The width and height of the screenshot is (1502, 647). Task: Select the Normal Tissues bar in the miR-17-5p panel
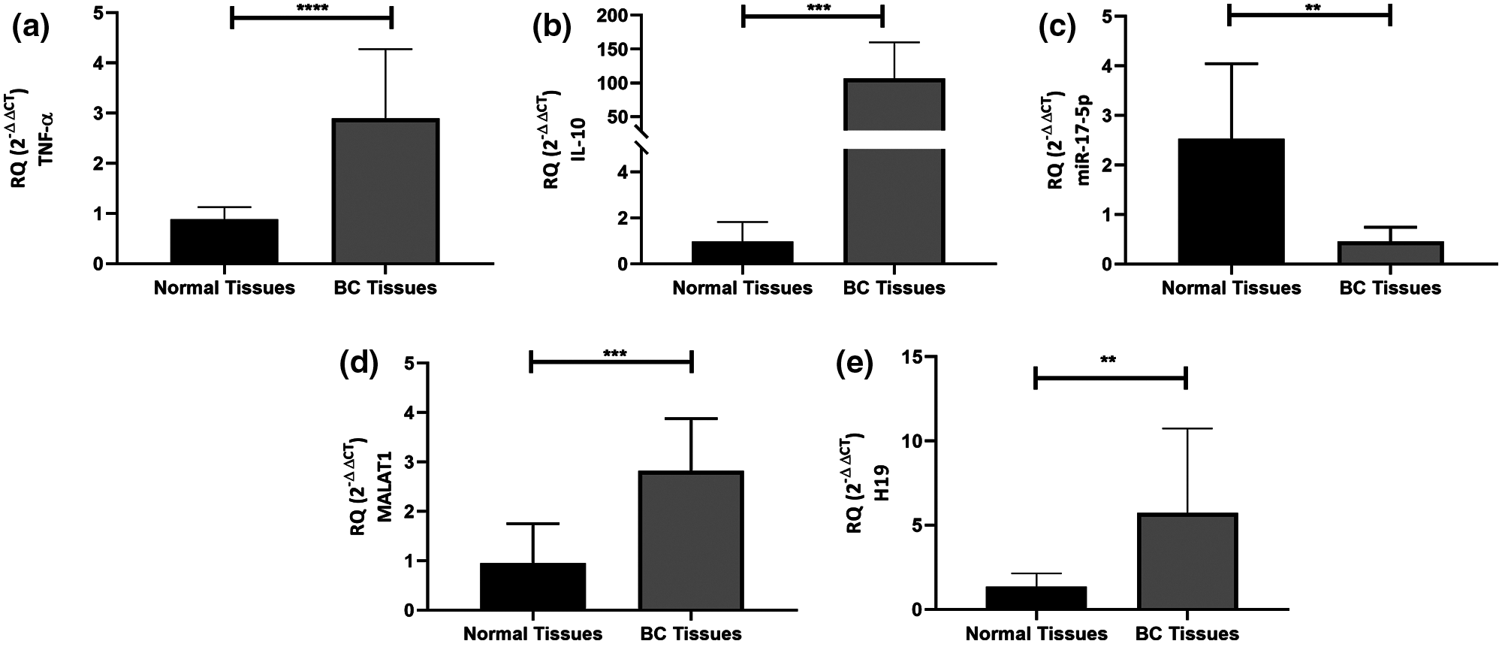tap(1232, 201)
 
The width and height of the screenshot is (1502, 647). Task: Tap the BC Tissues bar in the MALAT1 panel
tap(691, 540)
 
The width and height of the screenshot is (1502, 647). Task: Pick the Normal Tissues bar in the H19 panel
tap(1036, 598)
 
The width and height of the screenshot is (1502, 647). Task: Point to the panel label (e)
tap(854, 366)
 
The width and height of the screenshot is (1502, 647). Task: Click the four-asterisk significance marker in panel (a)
tap(312, 10)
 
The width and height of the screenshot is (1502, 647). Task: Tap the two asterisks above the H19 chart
tap(1108, 360)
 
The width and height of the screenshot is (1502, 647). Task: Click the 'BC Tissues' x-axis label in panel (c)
tap(1390, 288)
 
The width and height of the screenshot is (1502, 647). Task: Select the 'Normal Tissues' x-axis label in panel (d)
tap(532, 633)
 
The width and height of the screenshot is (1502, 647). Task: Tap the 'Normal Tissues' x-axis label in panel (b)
tap(742, 288)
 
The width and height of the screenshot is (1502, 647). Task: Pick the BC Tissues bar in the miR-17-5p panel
tap(1390, 252)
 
